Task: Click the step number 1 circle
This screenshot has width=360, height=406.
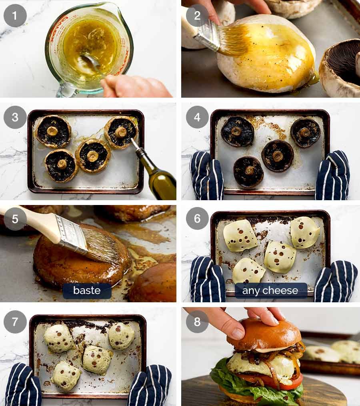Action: (x=15, y=16)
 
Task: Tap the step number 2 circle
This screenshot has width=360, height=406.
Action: (x=197, y=16)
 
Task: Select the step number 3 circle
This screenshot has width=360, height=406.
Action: (x=15, y=117)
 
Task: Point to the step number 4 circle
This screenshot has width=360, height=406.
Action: (x=197, y=117)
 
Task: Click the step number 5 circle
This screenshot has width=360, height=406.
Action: (x=15, y=219)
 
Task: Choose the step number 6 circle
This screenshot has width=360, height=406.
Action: (x=197, y=218)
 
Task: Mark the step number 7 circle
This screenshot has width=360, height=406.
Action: (x=15, y=322)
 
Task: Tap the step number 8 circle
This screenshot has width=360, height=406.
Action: (x=197, y=322)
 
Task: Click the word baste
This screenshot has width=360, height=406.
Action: (x=87, y=290)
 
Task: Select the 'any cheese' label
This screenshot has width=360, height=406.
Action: (x=270, y=291)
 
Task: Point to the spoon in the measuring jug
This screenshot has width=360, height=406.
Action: (x=92, y=62)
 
